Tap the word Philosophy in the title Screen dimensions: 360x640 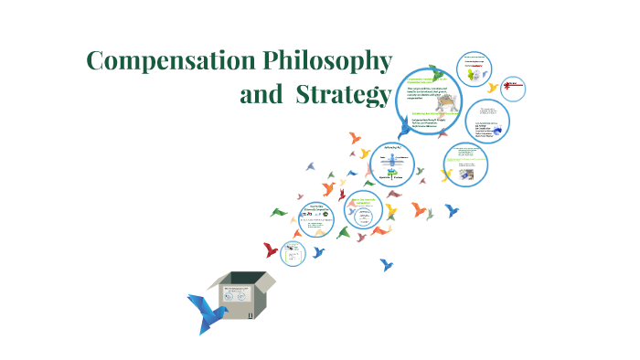(326, 62)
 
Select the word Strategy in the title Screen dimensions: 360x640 (339, 95)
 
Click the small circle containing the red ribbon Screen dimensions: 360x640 (515, 88)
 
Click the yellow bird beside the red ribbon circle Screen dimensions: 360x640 (494, 88)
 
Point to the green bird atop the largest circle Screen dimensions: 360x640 (438, 72)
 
